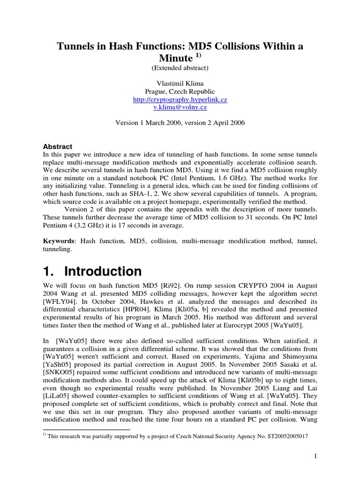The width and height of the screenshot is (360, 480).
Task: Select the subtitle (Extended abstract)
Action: click(x=180, y=68)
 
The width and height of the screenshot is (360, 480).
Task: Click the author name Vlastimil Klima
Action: click(x=180, y=83)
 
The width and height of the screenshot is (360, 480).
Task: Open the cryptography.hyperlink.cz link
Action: click(x=180, y=100)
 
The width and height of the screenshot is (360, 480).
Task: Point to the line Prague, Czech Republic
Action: click(x=180, y=91)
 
